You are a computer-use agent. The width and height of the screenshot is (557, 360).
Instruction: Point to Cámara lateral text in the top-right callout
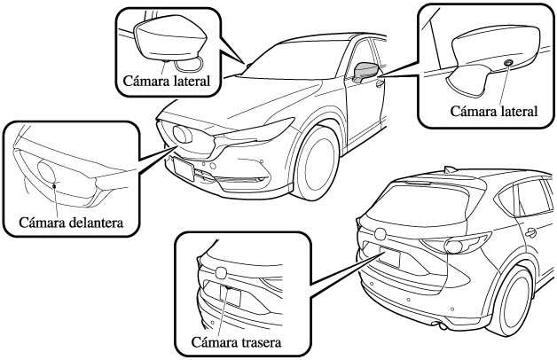point(495,112)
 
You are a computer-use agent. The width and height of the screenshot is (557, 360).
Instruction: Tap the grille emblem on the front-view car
point(185,134)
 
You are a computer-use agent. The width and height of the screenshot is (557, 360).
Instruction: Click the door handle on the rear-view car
point(530,232)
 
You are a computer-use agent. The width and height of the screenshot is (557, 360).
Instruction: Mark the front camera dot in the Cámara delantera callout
point(54,185)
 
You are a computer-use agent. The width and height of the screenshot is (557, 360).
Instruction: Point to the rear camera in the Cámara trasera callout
point(227,288)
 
